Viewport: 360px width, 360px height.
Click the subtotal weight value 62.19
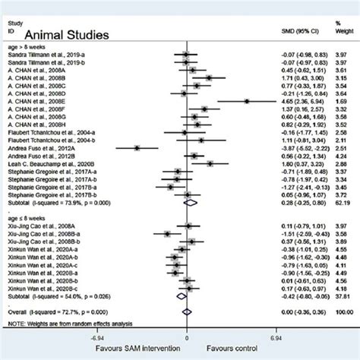point(339,203)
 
